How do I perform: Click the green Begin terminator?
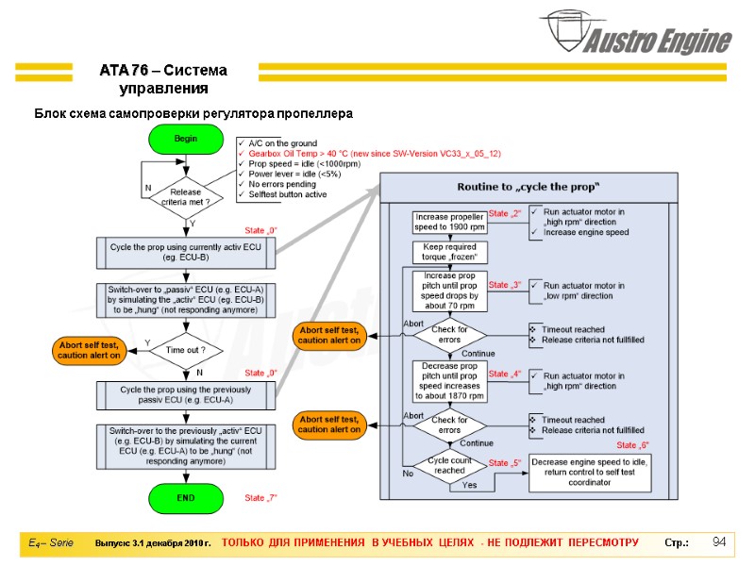[x=186, y=139]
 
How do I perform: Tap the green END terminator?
[x=186, y=498]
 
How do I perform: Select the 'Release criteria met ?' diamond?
[x=186, y=197]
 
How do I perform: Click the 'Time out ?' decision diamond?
[x=186, y=350]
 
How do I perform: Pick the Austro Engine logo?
[x=636, y=33]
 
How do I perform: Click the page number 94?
[x=719, y=541]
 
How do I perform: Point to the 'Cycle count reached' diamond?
[x=449, y=465]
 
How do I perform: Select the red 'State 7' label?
[x=260, y=498]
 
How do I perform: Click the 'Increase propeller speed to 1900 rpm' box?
[x=449, y=222]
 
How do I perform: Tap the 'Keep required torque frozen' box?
[x=450, y=252]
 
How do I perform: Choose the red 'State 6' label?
[x=632, y=445]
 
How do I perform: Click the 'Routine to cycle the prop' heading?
[x=528, y=187]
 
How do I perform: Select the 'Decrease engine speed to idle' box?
[x=590, y=473]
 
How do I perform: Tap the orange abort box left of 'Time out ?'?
[x=89, y=350]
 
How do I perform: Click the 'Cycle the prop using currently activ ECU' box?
[x=186, y=253]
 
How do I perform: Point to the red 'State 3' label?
[x=505, y=285]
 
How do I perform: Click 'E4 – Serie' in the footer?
[x=51, y=543]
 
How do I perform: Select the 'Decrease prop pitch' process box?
[x=450, y=381]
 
